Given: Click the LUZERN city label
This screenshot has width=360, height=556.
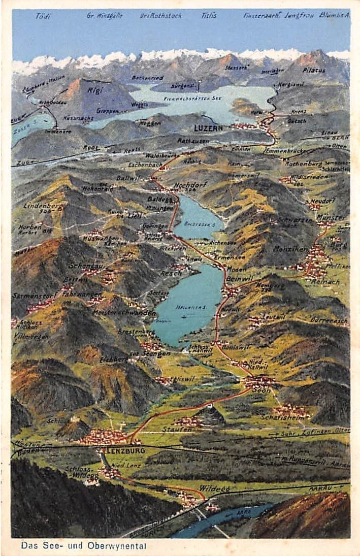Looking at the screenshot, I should [x=208, y=128].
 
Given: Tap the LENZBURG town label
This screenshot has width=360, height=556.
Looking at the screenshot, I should [x=125, y=450].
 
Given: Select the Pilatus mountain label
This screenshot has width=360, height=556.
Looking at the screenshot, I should [x=314, y=70].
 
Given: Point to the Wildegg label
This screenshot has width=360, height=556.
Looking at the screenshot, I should [x=214, y=488].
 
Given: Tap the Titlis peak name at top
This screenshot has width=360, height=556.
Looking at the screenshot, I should [x=209, y=16].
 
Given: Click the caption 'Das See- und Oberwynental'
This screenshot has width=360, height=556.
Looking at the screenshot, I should [x=83, y=546].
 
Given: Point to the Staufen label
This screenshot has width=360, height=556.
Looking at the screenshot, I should [x=178, y=430].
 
